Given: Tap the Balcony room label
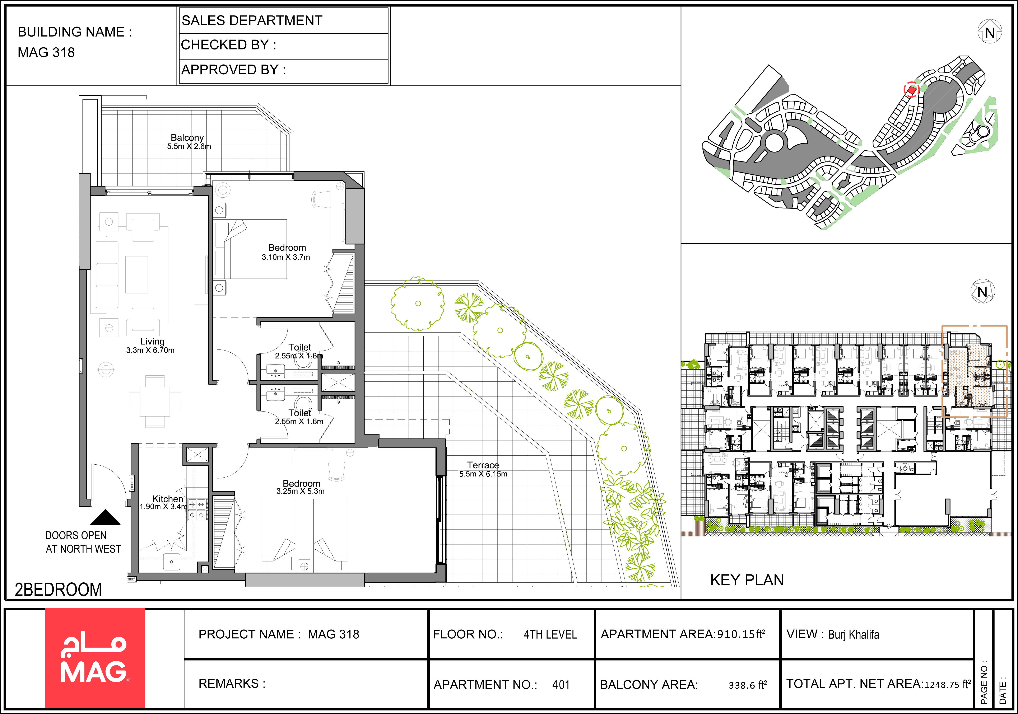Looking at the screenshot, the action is tap(187, 138).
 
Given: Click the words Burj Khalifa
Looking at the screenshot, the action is tap(854, 635).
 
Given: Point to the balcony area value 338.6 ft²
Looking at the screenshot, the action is tap(748, 685).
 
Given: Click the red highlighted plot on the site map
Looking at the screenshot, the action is tap(911, 90).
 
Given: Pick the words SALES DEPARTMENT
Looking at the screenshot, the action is tap(252, 20).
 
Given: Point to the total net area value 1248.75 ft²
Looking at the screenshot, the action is tap(948, 684).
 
